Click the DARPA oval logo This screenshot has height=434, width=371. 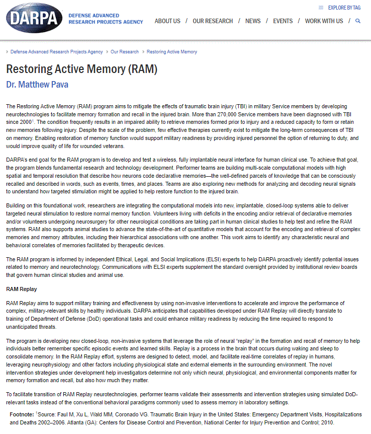pyautogui.click(x=34, y=19)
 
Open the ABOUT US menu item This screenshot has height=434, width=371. pyautogui.click(x=167, y=21)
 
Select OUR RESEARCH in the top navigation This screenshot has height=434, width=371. pyautogui.click(x=213, y=21)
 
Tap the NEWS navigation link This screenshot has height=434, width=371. pyautogui.click(x=253, y=21)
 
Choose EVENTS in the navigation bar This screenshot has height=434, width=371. pyautogui.click(x=283, y=21)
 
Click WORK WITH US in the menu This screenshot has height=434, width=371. pyautogui.click(x=324, y=21)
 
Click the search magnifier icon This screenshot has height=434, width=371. pyautogui.click(x=358, y=21)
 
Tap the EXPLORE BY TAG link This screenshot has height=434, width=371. pyautogui.click(x=344, y=8)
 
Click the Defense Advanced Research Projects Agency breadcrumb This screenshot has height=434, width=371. pyautogui.click(x=56, y=52)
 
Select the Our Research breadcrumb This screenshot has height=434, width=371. pyautogui.click(x=125, y=52)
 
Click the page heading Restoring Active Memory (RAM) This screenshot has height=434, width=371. pyautogui.click(x=81, y=69)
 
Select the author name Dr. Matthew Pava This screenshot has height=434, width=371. pyautogui.click(x=37, y=85)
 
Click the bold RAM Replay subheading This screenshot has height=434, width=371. pyautogui.click(x=21, y=290)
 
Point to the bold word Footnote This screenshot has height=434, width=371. pyautogui.click(x=22, y=414)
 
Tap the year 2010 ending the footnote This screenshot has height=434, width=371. pyautogui.click(x=327, y=422)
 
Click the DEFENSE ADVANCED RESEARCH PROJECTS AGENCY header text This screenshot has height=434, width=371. pyautogui.click(x=106, y=19)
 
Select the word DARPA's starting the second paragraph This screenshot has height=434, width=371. pyautogui.click(x=17, y=159)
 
